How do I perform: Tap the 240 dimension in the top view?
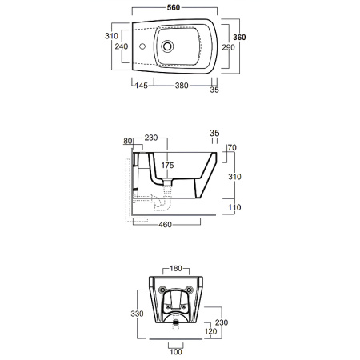pos(122,47)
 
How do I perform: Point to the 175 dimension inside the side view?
pos(167,166)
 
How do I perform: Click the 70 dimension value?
pos(232,148)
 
